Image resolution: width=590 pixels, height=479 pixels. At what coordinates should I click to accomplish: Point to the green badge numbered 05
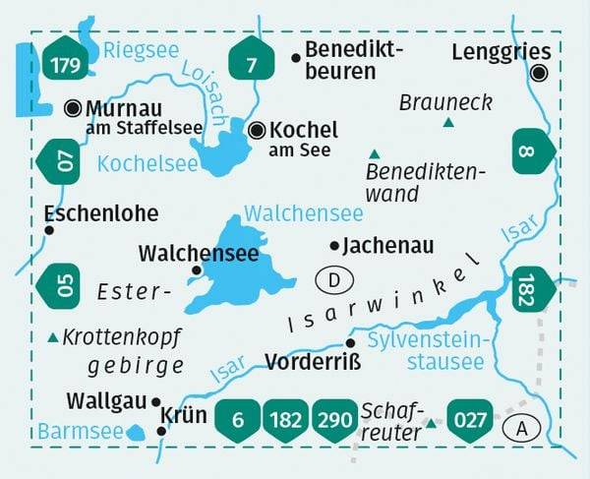point(64,286)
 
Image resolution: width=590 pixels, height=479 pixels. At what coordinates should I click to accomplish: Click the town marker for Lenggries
point(539,73)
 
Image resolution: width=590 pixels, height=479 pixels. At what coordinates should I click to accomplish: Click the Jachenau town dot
point(335,245)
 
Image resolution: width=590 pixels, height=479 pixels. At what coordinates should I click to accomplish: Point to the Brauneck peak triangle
point(448,123)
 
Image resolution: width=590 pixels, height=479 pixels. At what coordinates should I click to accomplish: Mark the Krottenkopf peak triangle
point(52,337)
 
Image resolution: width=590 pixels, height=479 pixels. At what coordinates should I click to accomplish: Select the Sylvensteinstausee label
point(425,351)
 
